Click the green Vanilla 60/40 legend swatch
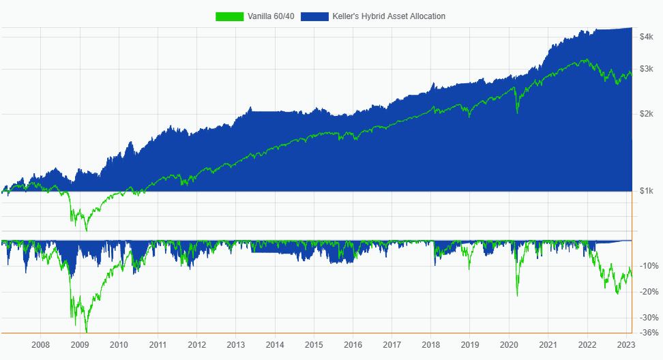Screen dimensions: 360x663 coord(230,16)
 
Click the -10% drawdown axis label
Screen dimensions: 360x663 coord(649,266)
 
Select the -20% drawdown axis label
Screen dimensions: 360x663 coord(649,292)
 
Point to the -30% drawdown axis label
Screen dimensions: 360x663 coord(649,318)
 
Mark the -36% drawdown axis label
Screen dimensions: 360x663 coord(649,333)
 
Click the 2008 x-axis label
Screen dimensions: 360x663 coord(41,345)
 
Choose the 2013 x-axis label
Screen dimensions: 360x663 coord(236,345)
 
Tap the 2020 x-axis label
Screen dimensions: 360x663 coord(510,345)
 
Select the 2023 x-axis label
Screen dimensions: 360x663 coord(626,345)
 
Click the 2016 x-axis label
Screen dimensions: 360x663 coord(353,345)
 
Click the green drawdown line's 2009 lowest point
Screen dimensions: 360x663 coord(86,332)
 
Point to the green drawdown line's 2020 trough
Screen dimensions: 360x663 coord(517,296)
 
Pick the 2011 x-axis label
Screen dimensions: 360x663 coord(158,345)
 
